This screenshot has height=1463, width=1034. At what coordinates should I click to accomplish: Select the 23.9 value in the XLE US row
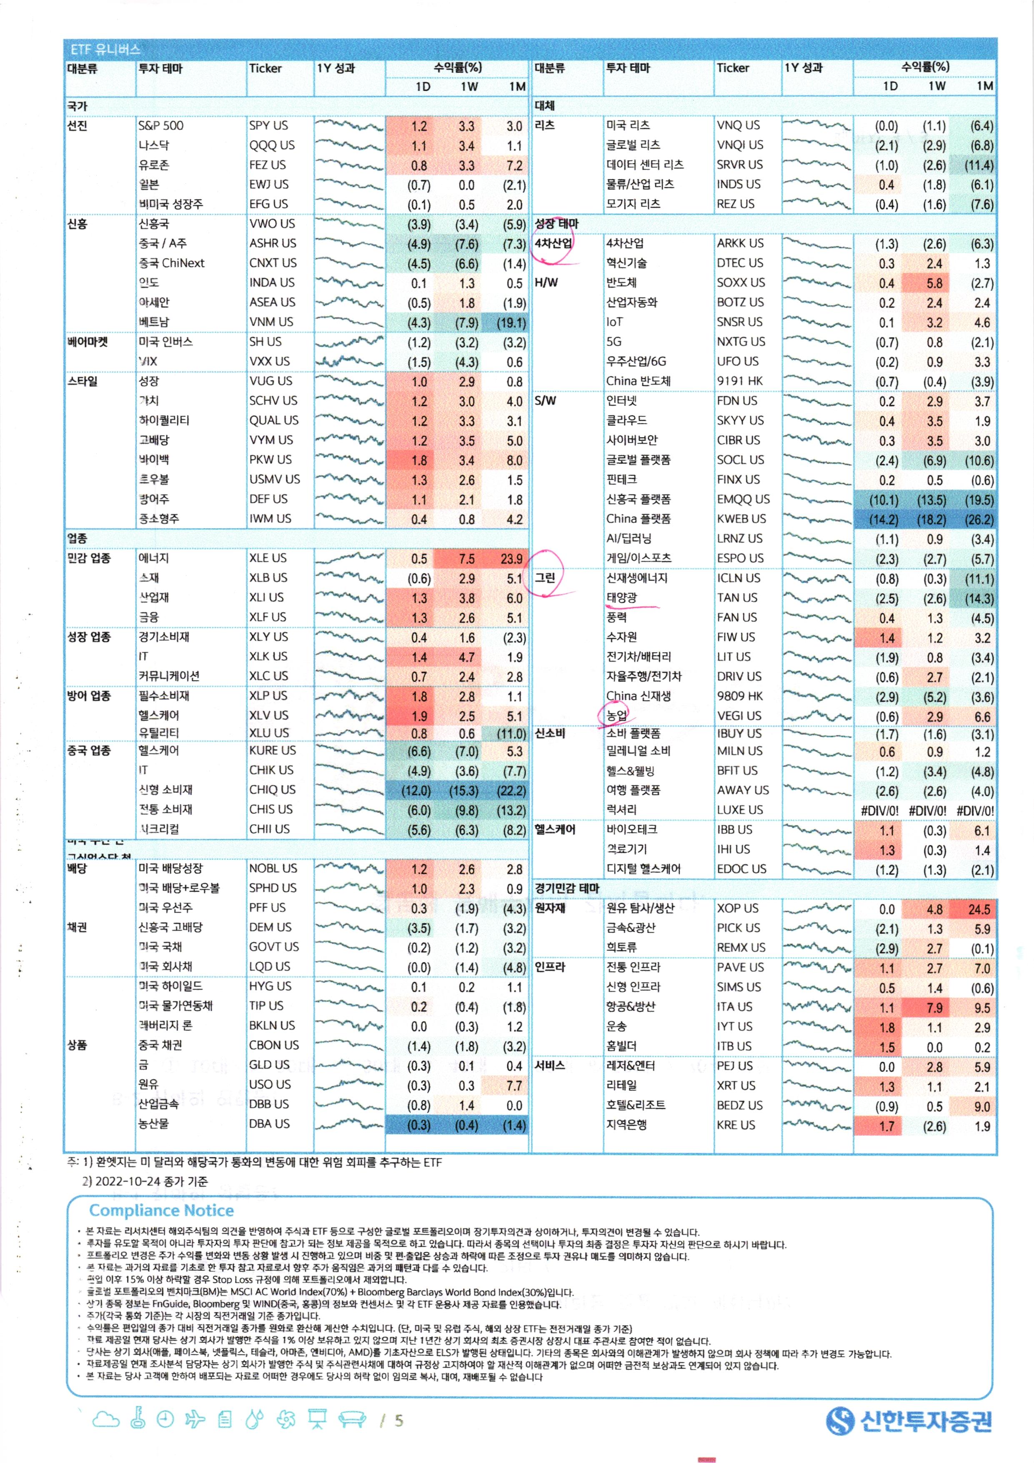pyautogui.click(x=511, y=559)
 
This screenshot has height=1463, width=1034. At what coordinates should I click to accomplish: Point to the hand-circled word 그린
pyautogui.click(x=545, y=577)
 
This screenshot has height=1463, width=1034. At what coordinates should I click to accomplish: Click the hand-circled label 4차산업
pyautogui.click(x=553, y=243)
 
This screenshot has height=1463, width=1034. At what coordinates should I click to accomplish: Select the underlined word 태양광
pyautogui.click(x=621, y=598)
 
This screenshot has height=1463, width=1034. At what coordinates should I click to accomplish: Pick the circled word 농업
pyautogui.click(x=616, y=716)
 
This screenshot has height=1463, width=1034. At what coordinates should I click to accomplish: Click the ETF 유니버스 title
pyautogui.click(x=105, y=49)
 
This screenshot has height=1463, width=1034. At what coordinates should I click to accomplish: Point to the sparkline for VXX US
pyautogui.click(x=349, y=361)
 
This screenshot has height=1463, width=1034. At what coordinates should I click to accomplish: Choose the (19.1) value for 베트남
pyautogui.click(x=511, y=322)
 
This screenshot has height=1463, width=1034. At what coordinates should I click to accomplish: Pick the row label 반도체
pyautogui.click(x=621, y=282)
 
